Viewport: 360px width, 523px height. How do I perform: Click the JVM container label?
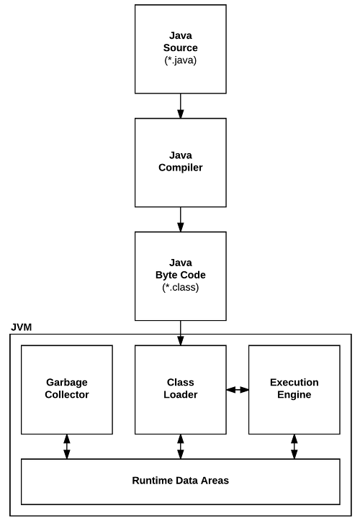[22, 327]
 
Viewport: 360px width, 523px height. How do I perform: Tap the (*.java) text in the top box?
[180, 60]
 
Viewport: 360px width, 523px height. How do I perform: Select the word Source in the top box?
[180, 47]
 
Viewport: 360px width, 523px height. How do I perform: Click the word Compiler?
[180, 168]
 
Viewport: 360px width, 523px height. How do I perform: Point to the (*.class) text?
[180, 287]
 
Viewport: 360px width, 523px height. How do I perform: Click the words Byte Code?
[180, 275]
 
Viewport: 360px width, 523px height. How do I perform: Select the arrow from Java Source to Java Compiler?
[180, 106]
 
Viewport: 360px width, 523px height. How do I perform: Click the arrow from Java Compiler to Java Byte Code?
[180, 219]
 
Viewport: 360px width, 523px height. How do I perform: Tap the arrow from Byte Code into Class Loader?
[180, 333]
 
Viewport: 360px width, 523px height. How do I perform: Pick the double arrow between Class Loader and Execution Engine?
[238, 389]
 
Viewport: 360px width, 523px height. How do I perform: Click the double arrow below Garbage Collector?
[67, 447]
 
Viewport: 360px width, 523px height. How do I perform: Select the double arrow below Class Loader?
[180, 447]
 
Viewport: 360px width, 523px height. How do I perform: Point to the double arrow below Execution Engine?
[294, 447]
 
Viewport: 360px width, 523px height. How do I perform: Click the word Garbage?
[67, 382]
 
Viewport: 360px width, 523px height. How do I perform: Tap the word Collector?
[67, 394]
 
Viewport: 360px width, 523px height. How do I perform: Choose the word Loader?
[180, 394]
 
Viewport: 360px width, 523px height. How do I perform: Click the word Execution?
[294, 382]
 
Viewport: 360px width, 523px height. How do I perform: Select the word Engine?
[294, 394]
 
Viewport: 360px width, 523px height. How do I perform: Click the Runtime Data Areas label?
[180, 481]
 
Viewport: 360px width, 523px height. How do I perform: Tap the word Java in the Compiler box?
[180, 155]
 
